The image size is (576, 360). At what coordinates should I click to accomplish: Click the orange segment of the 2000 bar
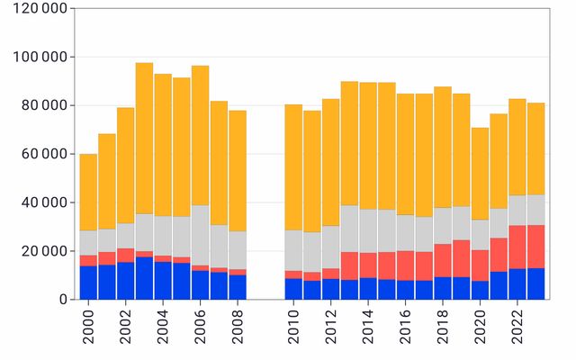pos(88,193)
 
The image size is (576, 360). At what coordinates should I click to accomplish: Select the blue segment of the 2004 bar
pos(163,280)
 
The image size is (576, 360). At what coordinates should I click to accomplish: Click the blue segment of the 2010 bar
pos(293,288)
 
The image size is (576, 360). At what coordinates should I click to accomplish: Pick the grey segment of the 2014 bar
pos(368,230)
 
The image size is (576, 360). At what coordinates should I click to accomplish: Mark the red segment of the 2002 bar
pos(126,255)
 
